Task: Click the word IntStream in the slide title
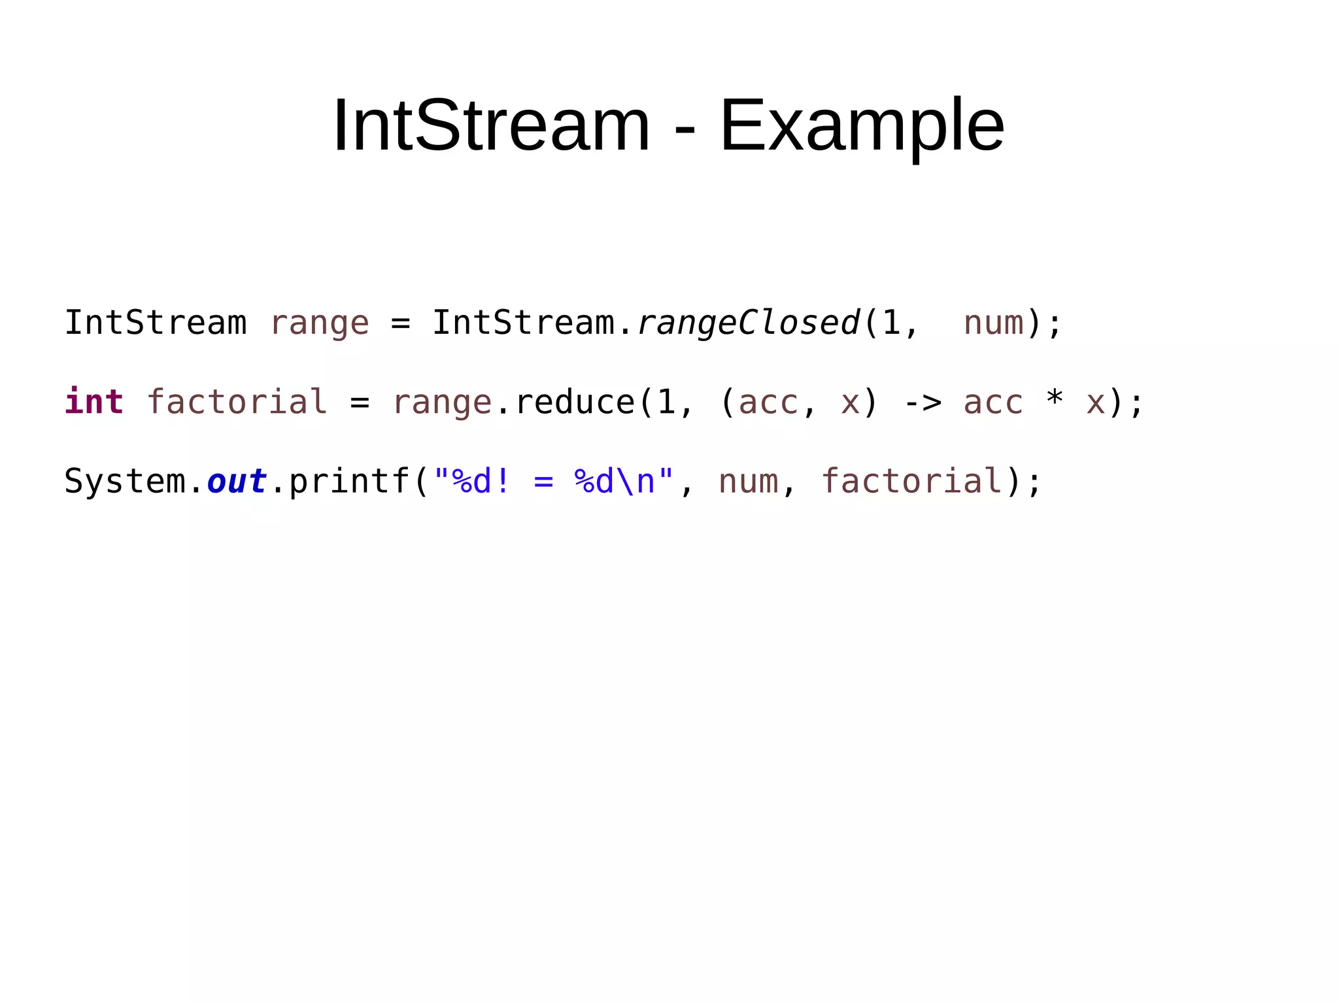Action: pos(491,125)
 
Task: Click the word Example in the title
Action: pos(862,125)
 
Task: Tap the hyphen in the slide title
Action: pos(685,127)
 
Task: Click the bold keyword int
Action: pos(94,401)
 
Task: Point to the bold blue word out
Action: pos(237,482)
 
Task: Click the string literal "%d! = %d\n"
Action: pos(553,482)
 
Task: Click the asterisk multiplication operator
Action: pos(1055,399)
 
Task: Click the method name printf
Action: pos(349,482)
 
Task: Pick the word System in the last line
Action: pos(125,482)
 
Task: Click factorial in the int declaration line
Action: pos(237,402)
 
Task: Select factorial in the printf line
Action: pos(911,482)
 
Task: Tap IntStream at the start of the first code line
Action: pos(156,323)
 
